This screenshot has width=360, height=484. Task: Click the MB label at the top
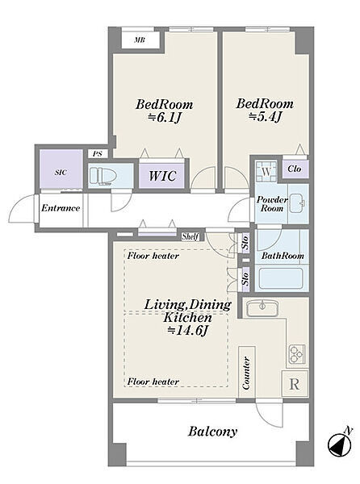click(x=140, y=40)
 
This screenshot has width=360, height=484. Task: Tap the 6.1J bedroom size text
click(x=164, y=118)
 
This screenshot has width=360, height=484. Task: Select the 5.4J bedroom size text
click(x=265, y=117)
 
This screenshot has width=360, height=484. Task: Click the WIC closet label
click(x=162, y=176)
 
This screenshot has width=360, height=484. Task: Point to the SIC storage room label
click(x=61, y=173)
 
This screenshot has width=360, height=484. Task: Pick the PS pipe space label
click(x=97, y=154)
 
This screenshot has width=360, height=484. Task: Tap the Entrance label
click(x=61, y=208)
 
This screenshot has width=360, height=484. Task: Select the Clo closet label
click(x=295, y=169)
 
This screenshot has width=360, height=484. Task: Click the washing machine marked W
click(x=266, y=169)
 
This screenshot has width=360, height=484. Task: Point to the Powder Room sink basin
click(x=297, y=203)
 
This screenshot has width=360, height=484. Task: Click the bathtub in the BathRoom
click(x=281, y=278)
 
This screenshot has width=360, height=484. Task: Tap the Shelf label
click(x=190, y=236)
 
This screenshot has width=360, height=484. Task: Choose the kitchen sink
click(x=262, y=308)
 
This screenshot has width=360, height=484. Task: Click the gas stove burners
click(x=297, y=354)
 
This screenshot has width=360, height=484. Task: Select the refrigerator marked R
click(x=295, y=385)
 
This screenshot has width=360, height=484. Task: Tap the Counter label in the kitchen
click(x=246, y=373)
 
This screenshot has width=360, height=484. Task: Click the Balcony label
click(x=213, y=432)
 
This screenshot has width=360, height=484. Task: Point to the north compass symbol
click(x=340, y=444)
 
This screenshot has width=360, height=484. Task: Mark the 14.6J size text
click(x=187, y=331)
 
